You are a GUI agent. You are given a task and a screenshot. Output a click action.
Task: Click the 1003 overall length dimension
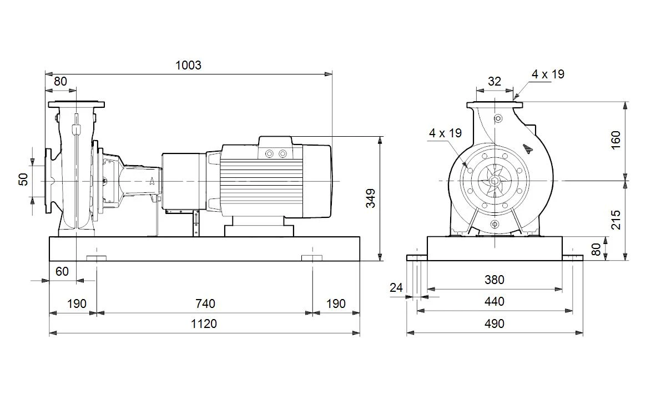(x=188, y=65)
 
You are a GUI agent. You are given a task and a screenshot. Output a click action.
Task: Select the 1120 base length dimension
(x=204, y=324)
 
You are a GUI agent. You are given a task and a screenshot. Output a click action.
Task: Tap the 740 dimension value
(x=205, y=304)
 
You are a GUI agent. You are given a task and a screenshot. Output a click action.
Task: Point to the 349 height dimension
(x=371, y=198)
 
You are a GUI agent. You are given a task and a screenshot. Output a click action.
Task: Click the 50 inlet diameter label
(x=23, y=180)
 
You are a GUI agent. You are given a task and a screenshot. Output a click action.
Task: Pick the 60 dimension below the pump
(x=62, y=272)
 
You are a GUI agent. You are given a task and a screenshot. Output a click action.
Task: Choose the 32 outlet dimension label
(x=495, y=81)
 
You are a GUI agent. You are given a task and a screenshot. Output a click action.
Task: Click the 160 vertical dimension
(x=616, y=140)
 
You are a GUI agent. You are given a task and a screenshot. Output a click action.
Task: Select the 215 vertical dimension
(x=616, y=220)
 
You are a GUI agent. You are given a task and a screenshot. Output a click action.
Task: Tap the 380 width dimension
(x=495, y=280)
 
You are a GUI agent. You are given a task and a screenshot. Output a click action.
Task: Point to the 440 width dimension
(x=495, y=302)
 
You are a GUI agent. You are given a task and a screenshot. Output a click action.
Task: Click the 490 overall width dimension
(x=495, y=324)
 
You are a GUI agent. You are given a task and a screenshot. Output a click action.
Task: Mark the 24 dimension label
(x=396, y=288)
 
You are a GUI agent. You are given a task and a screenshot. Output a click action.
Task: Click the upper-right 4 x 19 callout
(x=548, y=74)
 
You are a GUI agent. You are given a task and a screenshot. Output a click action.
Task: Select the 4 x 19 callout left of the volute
(x=445, y=133)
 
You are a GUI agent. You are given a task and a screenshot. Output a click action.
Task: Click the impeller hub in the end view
(x=495, y=181)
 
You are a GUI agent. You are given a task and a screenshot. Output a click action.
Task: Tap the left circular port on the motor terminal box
(x=269, y=153)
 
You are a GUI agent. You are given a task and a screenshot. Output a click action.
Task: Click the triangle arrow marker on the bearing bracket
(x=152, y=181)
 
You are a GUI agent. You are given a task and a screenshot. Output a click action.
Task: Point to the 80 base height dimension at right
(x=596, y=249)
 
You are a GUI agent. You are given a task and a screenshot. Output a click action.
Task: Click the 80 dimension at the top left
(x=60, y=81)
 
